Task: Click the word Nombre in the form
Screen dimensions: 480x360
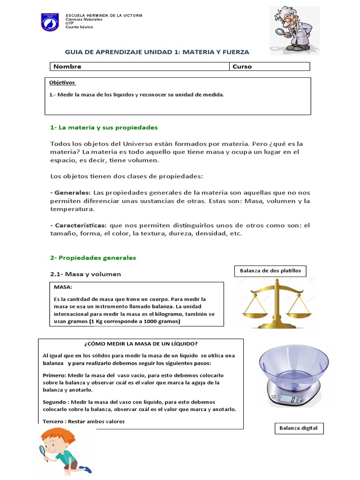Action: coord(67,67)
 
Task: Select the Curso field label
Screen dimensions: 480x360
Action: coord(242,67)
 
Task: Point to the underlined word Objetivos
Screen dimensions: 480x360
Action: coord(62,82)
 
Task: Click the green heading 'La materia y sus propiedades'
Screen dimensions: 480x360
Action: coord(104,127)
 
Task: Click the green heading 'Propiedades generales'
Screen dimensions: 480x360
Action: coord(93,258)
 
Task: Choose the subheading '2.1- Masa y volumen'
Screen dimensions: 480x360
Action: coord(85,274)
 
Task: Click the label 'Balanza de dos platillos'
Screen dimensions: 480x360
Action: coord(270,270)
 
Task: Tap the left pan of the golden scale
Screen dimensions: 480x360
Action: coord(256,310)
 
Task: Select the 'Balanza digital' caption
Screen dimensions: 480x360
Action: coord(299,428)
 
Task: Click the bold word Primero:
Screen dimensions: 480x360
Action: coord(54,375)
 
